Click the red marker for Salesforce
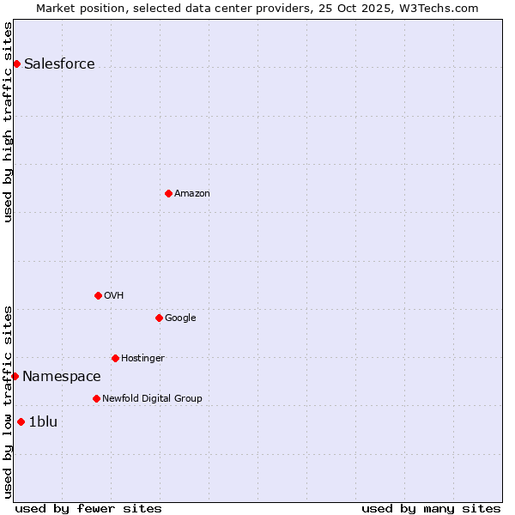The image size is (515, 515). (x=16, y=64)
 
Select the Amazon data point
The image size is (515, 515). (x=168, y=193)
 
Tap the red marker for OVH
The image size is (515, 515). (x=98, y=295)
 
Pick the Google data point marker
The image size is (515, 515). (x=159, y=318)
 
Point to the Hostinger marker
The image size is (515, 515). (x=115, y=358)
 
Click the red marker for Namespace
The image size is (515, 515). (x=15, y=376)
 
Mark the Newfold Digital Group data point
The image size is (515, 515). (x=96, y=398)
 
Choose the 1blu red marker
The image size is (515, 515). (x=21, y=421)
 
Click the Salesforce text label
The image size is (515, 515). (x=59, y=64)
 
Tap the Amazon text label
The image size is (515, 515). (x=192, y=194)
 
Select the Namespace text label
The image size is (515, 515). (x=62, y=377)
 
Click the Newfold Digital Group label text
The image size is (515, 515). (x=152, y=398)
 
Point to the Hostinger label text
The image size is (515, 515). (x=142, y=358)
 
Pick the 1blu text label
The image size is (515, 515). (x=43, y=421)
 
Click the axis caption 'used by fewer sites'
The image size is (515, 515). (x=88, y=508)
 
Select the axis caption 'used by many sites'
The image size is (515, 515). (x=431, y=508)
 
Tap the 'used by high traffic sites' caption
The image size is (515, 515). (x=9, y=122)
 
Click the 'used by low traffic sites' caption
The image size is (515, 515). (x=9, y=401)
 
